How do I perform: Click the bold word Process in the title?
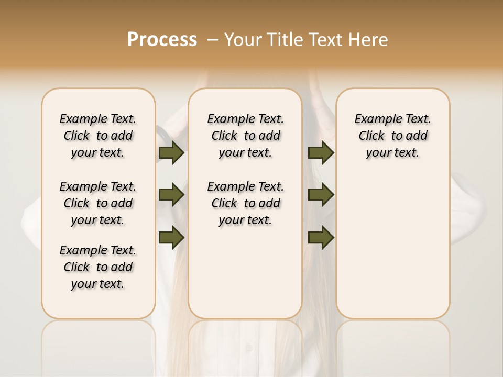(162, 40)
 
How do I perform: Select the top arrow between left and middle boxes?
(171, 153)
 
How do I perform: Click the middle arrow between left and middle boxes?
(171, 195)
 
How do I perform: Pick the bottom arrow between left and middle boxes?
(171, 238)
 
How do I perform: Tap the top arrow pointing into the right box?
(321, 153)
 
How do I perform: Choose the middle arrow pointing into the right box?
(321, 195)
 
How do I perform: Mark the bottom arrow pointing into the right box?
(321, 238)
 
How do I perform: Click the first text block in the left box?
(98, 136)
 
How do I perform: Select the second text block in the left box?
(98, 203)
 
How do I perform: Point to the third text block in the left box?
(98, 267)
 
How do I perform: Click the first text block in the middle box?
(245, 136)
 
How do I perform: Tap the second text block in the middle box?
(245, 203)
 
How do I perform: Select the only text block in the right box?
(392, 136)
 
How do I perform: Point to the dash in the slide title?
(213, 40)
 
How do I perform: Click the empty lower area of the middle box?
(245, 272)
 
